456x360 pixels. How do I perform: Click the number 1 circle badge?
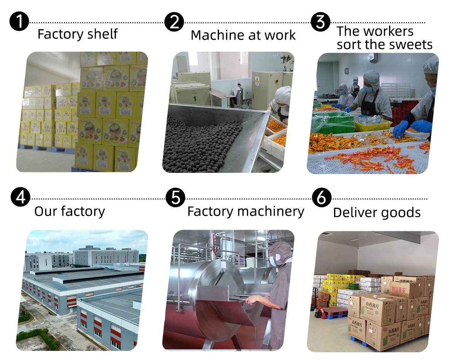tap(19, 22)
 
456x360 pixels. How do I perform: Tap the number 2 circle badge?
tap(174, 22)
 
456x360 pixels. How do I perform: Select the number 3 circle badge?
tap(320, 22)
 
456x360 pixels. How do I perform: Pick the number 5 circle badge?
tap(176, 198)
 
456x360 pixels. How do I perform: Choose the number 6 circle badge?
tap(321, 198)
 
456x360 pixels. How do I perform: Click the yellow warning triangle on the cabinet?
tap(257, 80)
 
